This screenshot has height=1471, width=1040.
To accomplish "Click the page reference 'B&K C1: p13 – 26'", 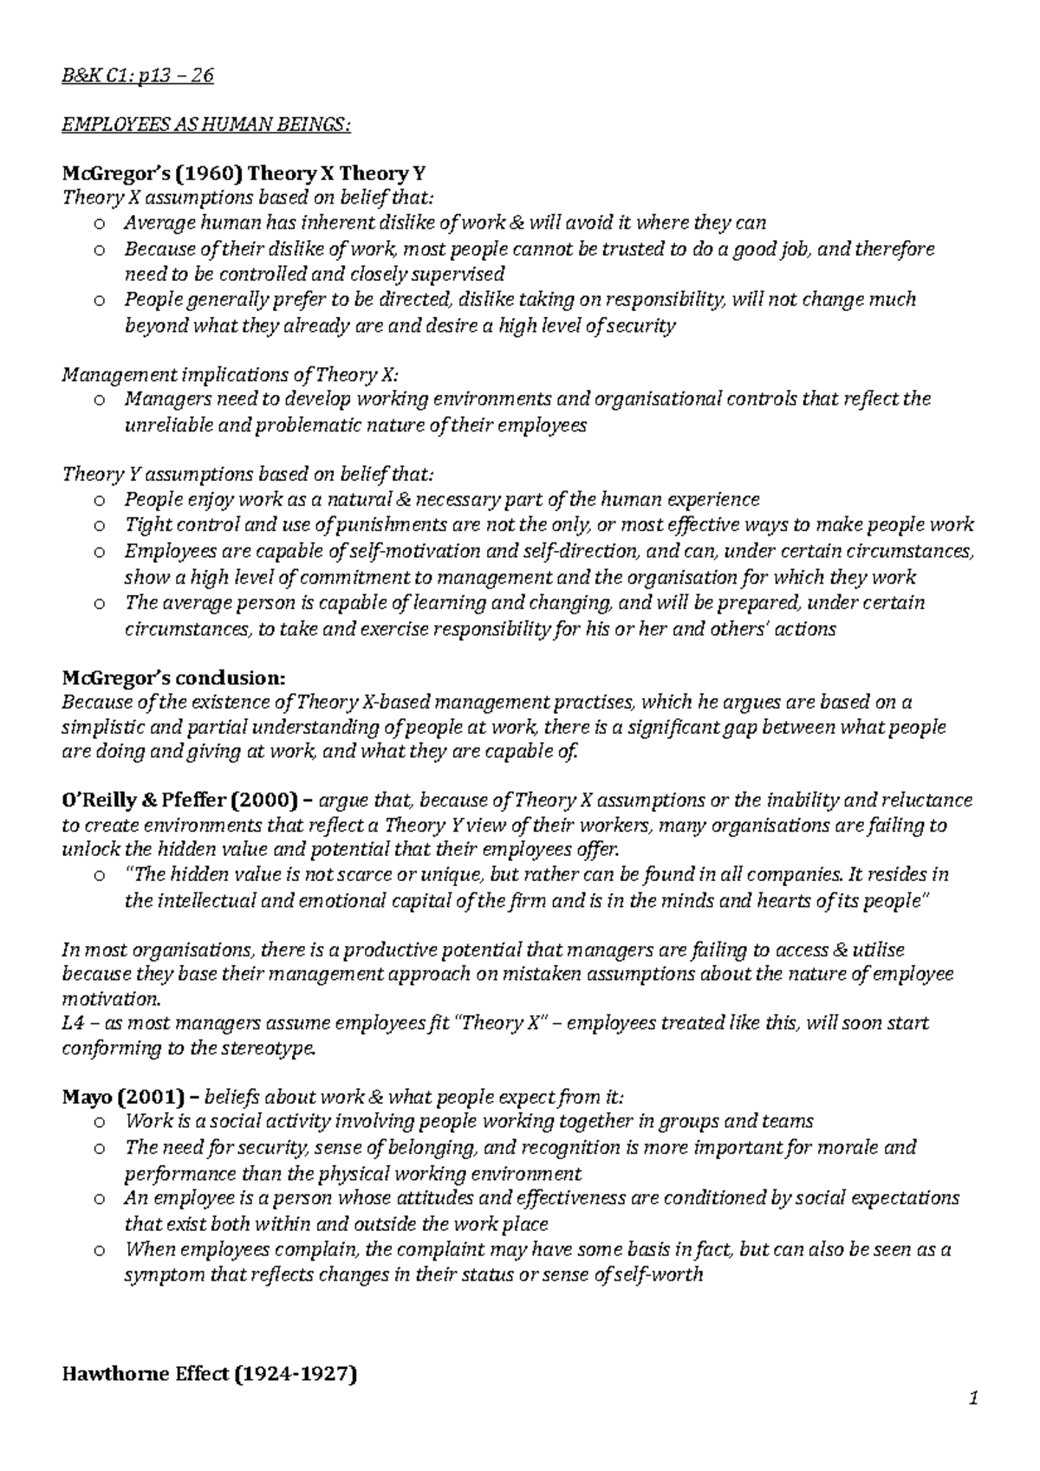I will pos(138,76).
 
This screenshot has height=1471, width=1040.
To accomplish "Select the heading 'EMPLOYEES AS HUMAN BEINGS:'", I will pos(206,126).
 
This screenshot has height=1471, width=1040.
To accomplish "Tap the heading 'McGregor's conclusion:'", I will pos(172,676).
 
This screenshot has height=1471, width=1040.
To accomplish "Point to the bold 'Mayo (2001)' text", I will pos(122,1097).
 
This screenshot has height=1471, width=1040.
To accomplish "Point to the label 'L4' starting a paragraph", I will pos(73,1023).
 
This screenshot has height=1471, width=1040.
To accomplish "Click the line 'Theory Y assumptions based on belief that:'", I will pos(246,475).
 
